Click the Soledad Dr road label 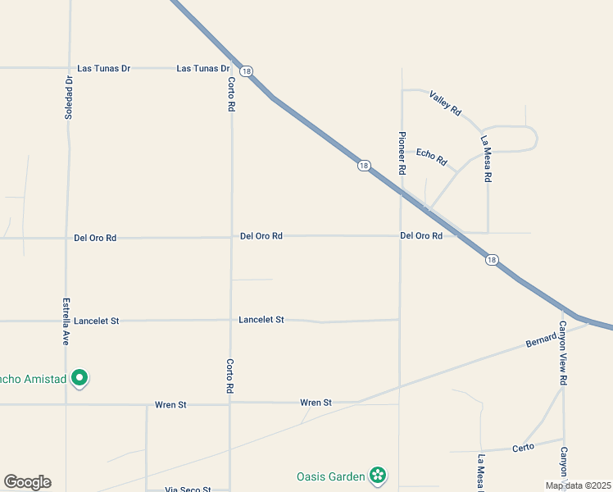69,98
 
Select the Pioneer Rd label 402,153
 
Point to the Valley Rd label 446,102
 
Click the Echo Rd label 431,154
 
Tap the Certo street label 524,447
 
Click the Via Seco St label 188,490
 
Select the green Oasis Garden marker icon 377,475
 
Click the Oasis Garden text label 330,476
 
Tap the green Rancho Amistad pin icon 79,378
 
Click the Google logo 27,482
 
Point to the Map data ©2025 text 578,485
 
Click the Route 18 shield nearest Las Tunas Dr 247,71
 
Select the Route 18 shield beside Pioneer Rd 364,166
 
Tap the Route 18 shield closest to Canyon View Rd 491,260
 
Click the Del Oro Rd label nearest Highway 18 421,235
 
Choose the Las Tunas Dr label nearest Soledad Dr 104,69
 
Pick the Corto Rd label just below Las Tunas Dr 232,94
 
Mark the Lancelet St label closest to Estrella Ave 97,321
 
